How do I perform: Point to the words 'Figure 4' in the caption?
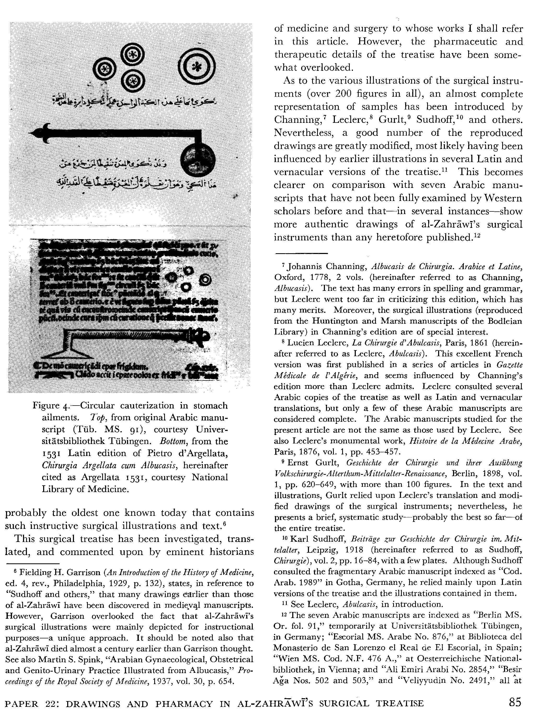50,406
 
